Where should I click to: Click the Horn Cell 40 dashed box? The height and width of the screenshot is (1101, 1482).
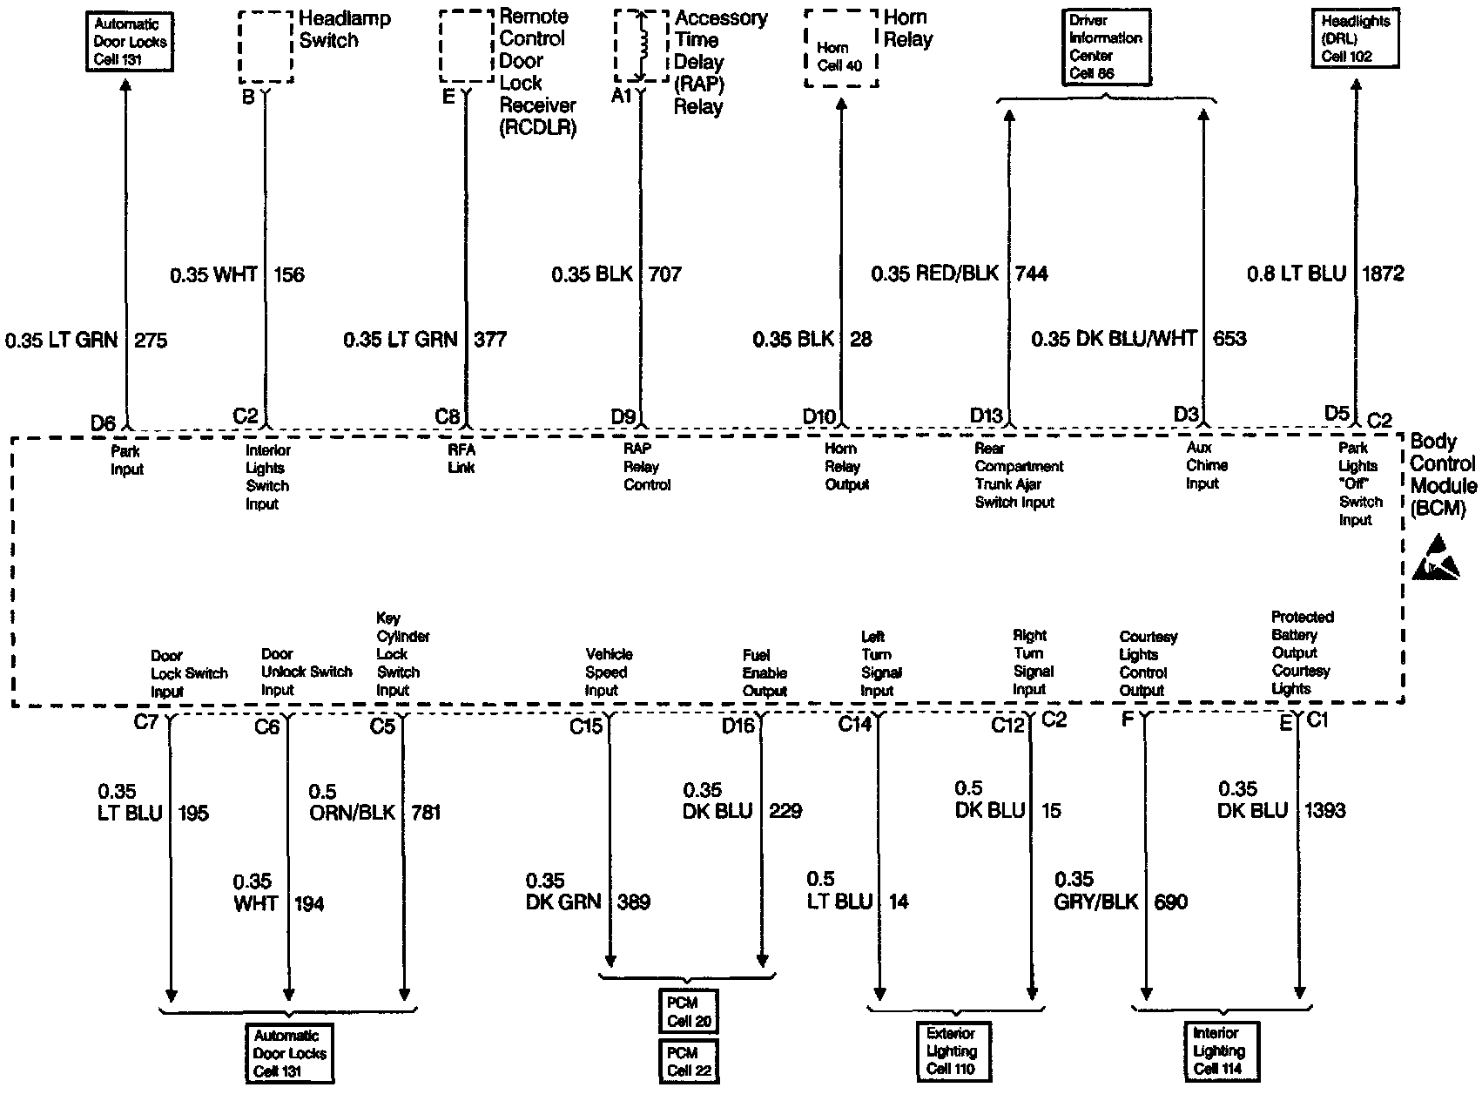pyautogui.click(x=840, y=49)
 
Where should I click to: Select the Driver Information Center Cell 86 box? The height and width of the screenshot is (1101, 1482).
pyautogui.click(x=1105, y=47)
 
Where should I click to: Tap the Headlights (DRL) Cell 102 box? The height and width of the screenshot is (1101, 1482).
pyautogui.click(x=1355, y=39)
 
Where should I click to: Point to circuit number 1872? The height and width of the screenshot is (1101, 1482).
pyautogui.click(x=1382, y=274)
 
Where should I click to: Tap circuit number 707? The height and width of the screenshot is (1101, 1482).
pyautogui.click(x=665, y=274)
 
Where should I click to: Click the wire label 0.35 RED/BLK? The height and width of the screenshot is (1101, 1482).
pyautogui.click(x=935, y=274)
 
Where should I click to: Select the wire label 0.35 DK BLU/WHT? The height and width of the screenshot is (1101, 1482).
pyautogui.click(x=1114, y=339)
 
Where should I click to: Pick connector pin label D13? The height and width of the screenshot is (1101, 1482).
pyautogui.click(x=987, y=415)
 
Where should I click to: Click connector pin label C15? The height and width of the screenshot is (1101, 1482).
pyautogui.click(x=585, y=725)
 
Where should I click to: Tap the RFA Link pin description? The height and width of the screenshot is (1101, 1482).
pyautogui.click(x=461, y=458)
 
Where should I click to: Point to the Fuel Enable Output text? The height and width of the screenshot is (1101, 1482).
pyautogui.click(x=765, y=672)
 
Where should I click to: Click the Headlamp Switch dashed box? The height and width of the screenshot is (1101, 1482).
pyautogui.click(x=265, y=47)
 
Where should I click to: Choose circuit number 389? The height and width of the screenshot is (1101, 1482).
pyautogui.click(x=633, y=902)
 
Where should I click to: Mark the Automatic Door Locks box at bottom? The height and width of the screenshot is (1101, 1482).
pyautogui.click(x=289, y=1053)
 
